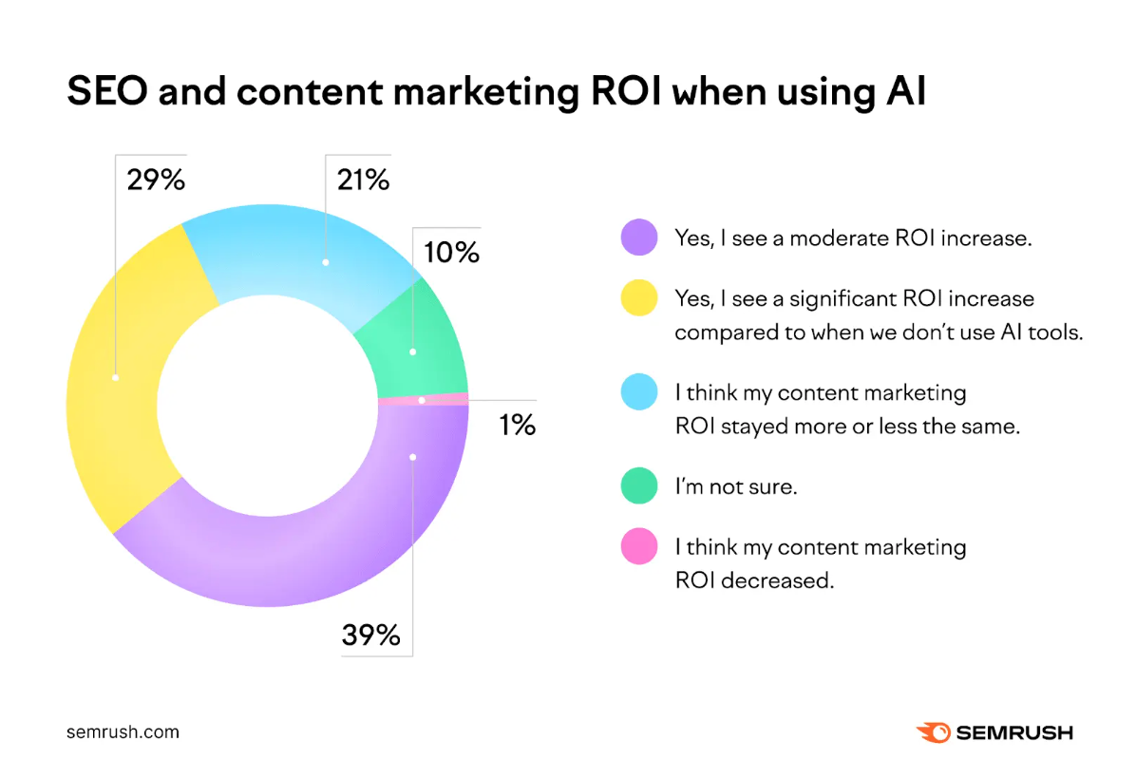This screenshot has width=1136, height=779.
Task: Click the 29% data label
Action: (155, 180)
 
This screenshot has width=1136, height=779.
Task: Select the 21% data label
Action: (362, 180)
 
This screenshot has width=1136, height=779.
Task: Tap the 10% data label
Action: (451, 253)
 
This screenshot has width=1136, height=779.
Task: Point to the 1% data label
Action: (517, 425)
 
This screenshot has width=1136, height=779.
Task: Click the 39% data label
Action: (370, 634)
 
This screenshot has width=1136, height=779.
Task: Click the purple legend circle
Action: (638, 237)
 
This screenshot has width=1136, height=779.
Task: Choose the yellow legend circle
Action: (638, 298)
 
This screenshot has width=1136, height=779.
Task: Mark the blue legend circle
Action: (638, 392)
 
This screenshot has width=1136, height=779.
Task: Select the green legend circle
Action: (638, 485)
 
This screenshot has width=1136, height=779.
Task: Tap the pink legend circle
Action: (638, 546)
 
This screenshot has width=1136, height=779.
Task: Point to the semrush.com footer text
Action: (123, 732)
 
